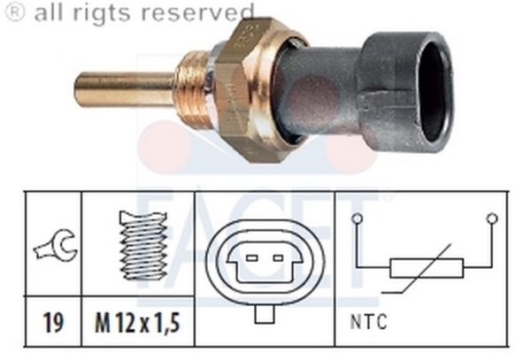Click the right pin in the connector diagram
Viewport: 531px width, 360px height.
click(x=280, y=258)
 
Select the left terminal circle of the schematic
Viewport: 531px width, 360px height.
click(x=357, y=218)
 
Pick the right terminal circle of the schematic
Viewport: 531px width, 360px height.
click(x=492, y=218)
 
